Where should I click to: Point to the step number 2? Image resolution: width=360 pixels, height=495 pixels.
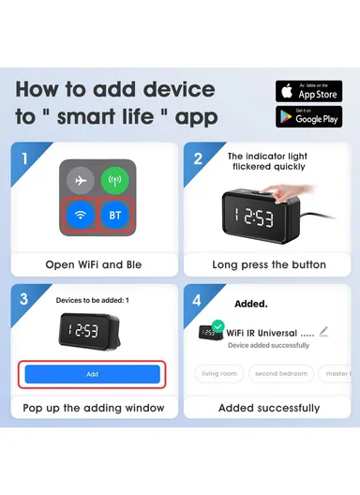198,157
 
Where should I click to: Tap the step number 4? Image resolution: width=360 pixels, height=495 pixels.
198,299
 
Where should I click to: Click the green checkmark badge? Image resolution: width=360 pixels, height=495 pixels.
217,326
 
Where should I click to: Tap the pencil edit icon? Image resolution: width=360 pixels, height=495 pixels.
323,331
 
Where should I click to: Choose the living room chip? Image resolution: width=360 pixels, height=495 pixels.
218,373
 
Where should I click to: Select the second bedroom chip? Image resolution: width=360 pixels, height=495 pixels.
279,373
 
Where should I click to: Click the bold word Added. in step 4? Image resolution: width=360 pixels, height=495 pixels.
250,304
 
